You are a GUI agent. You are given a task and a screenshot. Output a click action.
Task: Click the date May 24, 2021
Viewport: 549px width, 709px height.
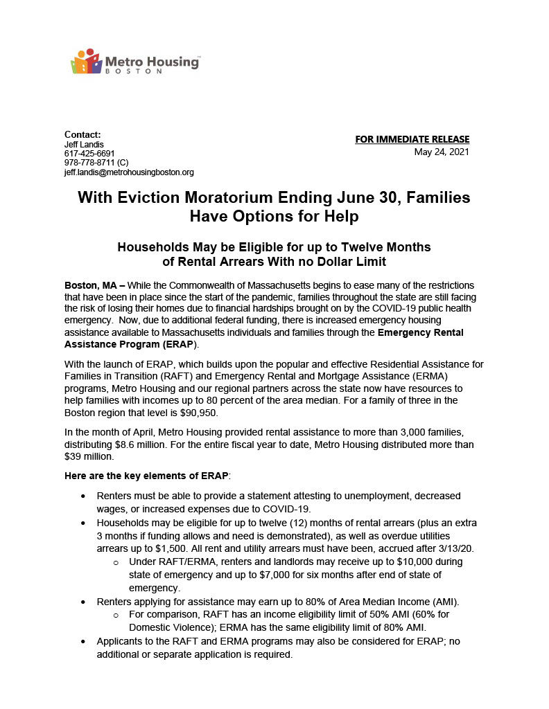[442, 152]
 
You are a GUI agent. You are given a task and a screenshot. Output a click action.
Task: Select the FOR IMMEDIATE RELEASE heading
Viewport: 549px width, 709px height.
[412, 139]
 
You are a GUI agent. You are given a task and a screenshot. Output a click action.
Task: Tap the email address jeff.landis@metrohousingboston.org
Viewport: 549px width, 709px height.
[129, 172]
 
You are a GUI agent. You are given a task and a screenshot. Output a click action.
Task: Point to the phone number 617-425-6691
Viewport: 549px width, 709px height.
[89, 153]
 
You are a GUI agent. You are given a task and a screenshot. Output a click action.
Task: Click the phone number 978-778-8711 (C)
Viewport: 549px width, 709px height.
[96, 163]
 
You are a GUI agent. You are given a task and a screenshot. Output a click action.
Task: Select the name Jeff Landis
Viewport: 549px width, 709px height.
[84, 144]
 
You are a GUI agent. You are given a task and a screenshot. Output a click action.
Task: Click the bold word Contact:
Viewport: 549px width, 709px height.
[82, 134]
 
